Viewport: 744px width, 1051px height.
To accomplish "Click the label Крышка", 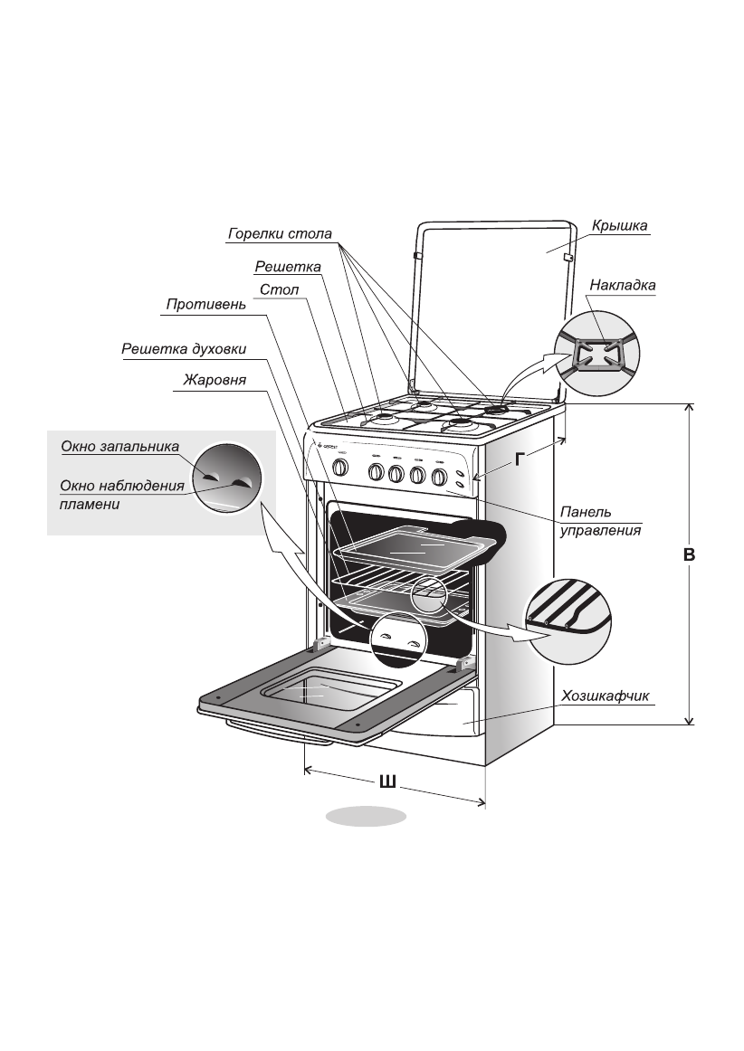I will click(620, 226).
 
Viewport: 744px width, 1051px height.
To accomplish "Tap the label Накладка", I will click(622, 286).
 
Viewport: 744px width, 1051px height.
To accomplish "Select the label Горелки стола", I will click(280, 234).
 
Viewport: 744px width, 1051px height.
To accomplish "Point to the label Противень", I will click(205, 305).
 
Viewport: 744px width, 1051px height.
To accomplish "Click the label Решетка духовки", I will click(184, 349).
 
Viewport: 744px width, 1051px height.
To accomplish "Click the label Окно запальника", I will click(119, 446).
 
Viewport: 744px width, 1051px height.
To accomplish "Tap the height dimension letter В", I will click(689, 555).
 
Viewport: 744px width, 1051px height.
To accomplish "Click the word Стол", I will click(279, 289).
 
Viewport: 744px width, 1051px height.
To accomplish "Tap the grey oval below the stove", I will click(366, 816).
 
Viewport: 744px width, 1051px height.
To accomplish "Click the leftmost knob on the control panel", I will click(340, 468).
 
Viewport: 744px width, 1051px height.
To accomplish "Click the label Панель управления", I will click(600, 521).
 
